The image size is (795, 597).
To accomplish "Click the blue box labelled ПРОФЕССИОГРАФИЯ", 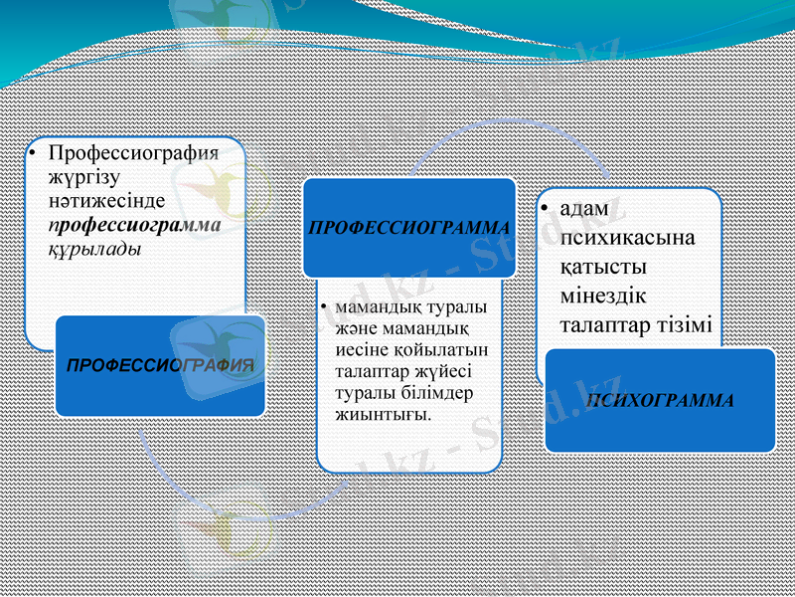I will coord(160,366).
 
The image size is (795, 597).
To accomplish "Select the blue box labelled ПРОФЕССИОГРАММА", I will coord(409,228).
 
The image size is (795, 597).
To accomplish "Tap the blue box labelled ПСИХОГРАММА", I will coord(660,400).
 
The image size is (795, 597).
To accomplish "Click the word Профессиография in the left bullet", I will coord(133,155).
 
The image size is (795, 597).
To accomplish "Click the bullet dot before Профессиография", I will coord(32,155).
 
